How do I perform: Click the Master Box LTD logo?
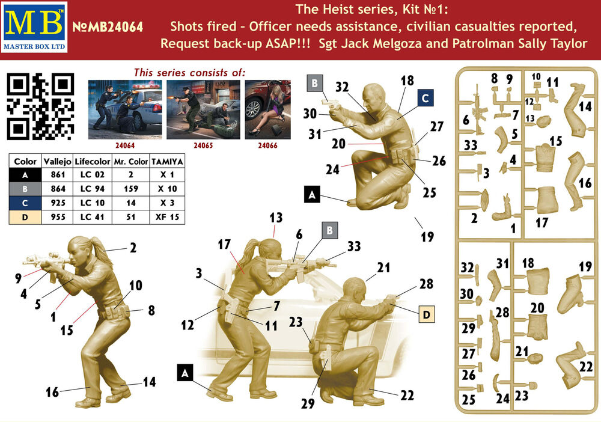(34, 27)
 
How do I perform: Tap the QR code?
(40, 106)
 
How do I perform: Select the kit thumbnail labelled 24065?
(203, 109)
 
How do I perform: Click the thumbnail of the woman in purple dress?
(267, 109)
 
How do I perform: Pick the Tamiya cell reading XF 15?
(167, 217)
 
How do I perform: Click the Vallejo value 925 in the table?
(58, 203)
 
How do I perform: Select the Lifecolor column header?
(93, 161)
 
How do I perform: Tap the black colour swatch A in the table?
(25, 175)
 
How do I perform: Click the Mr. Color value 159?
(130, 189)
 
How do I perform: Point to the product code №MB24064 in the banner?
(108, 27)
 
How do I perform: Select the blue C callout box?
(425, 98)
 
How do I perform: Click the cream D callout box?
(427, 314)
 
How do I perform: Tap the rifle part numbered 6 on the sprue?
(479, 110)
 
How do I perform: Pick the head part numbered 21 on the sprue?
(535, 359)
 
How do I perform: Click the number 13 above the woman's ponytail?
(276, 218)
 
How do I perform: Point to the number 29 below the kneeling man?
(308, 403)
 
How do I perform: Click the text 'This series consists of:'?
(189, 73)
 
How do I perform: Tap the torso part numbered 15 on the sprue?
(545, 157)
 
